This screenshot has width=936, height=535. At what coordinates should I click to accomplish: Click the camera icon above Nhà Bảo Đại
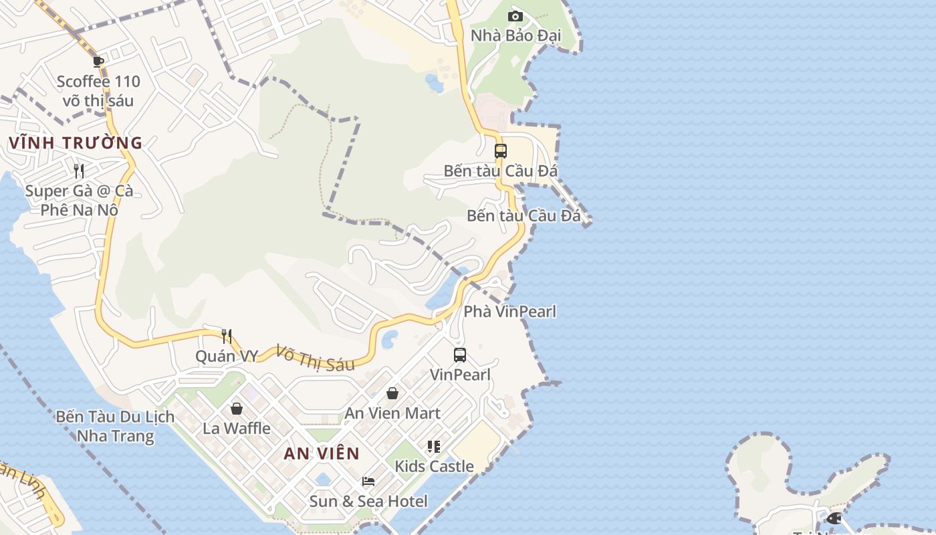coord(515,16)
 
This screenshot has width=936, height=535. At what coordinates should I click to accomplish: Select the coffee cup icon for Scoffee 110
coord(98,62)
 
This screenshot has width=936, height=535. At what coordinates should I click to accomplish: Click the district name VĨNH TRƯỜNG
coord(76,142)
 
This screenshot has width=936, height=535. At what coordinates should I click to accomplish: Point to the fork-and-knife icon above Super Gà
coord(79,171)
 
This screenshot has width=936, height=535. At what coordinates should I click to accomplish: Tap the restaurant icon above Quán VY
coord(227,336)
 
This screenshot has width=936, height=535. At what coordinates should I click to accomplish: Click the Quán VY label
coord(227,356)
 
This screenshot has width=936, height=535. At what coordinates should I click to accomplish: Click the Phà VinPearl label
coord(509,312)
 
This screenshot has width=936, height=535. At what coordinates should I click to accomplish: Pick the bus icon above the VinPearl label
coord(460,355)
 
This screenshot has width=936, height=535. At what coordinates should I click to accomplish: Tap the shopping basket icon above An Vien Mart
coord(392,393)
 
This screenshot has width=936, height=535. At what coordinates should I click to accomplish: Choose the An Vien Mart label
coord(392,413)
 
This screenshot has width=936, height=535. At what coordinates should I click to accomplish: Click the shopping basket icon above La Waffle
coord(237,408)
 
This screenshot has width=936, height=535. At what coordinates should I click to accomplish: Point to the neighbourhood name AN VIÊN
coord(322,453)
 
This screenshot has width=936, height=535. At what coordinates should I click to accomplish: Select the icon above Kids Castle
coord(434,446)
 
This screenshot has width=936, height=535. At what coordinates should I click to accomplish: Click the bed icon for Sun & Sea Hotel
coord(368,481)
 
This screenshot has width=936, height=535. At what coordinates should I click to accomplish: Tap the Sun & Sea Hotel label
coord(368,501)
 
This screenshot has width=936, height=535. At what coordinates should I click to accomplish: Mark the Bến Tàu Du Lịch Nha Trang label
coord(115,427)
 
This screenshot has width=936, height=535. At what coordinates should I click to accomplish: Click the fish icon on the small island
coord(834,518)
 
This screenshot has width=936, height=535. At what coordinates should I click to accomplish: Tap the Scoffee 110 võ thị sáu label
coord(98,92)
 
